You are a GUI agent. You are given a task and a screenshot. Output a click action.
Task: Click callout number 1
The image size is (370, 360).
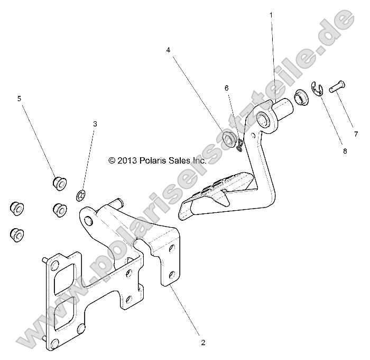[272, 15]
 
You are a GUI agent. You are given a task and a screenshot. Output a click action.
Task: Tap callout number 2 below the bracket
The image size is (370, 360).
[203, 342]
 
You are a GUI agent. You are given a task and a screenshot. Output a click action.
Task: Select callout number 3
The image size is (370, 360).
[95, 124]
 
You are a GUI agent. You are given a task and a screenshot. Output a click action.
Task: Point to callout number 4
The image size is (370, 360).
[168, 50]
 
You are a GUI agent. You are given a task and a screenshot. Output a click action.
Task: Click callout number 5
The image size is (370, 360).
[20, 98]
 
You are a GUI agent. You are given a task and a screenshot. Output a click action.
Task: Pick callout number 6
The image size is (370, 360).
[226, 88]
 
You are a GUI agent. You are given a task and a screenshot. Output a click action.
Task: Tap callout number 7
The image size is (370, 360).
[356, 133]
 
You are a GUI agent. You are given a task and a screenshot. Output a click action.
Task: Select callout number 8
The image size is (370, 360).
[345, 151]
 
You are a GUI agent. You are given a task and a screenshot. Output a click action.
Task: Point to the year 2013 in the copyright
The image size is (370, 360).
[129, 159]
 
